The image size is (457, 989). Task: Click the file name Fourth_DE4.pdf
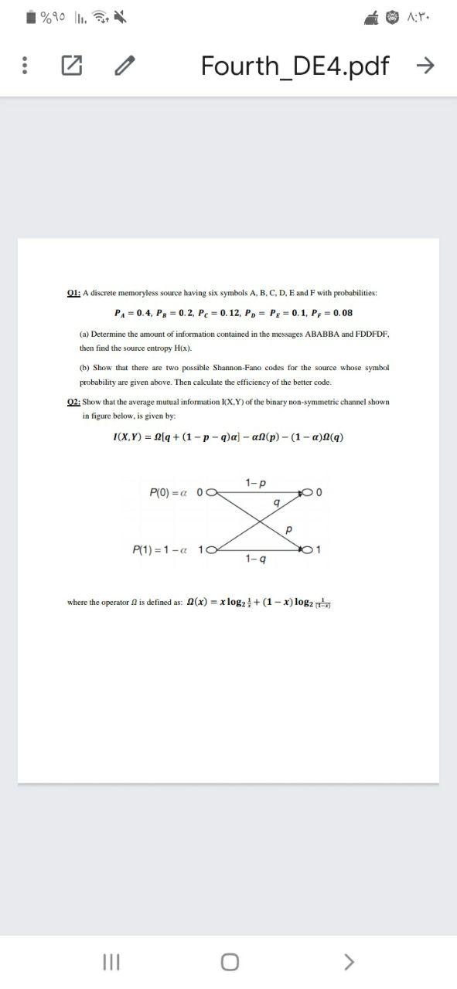(295, 66)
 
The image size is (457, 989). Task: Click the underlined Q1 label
(73, 293)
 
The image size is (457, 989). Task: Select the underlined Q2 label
(73, 402)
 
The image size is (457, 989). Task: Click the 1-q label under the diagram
(254, 558)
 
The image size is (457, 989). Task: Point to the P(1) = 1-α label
(165, 549)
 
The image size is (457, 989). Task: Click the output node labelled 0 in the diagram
(309, 491)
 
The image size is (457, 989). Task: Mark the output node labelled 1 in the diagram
(309, 549)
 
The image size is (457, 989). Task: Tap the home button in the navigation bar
(229, 961)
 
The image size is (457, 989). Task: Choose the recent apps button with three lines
(109, 961)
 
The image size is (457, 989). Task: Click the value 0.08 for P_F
(341, 312)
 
